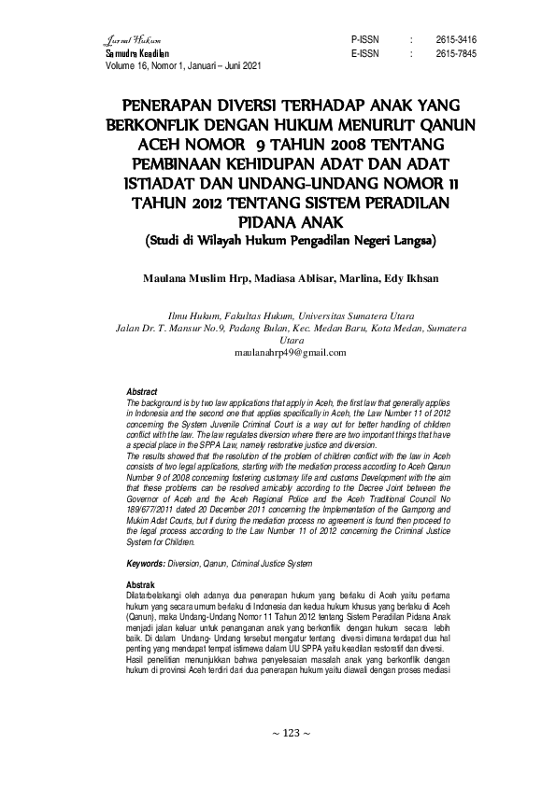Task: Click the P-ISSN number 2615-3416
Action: (456, 41)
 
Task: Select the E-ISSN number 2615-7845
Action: (456, 54)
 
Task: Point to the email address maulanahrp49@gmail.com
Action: (278, 353)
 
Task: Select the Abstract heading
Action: (141, 390)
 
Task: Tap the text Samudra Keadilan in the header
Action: (130, 54)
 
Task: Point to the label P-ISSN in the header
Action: (364, 41)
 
